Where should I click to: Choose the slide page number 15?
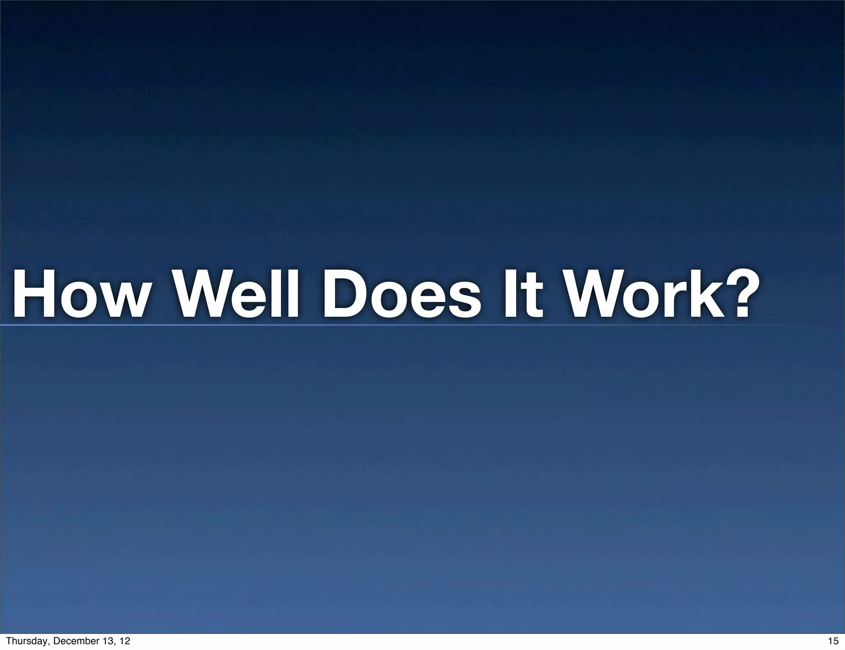(x=833, y=641)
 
